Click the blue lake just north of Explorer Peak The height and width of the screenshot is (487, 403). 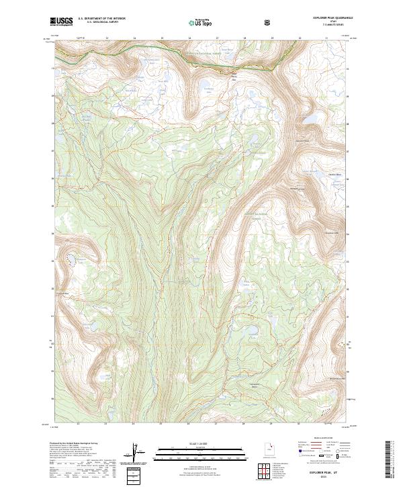click(x=312, y=119)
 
